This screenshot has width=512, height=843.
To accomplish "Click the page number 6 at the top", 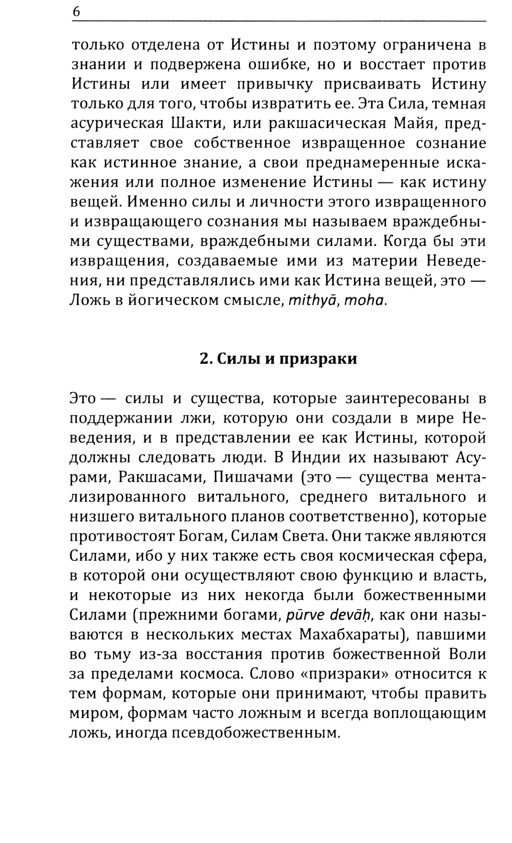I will (x=76, y=12).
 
